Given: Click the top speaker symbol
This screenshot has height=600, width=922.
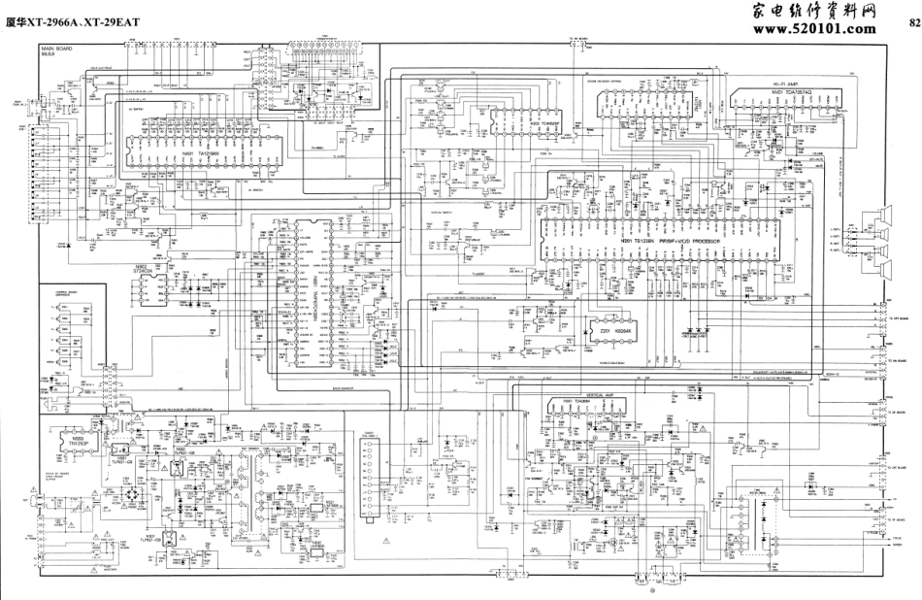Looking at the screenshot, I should pos(885,217).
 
